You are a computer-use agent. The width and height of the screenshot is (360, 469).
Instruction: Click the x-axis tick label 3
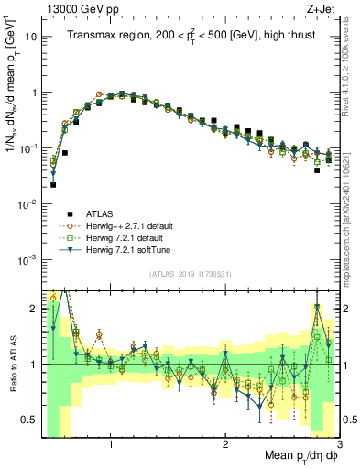tap(338, 442)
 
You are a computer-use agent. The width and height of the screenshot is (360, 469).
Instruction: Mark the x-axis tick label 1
tap(111, 442)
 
